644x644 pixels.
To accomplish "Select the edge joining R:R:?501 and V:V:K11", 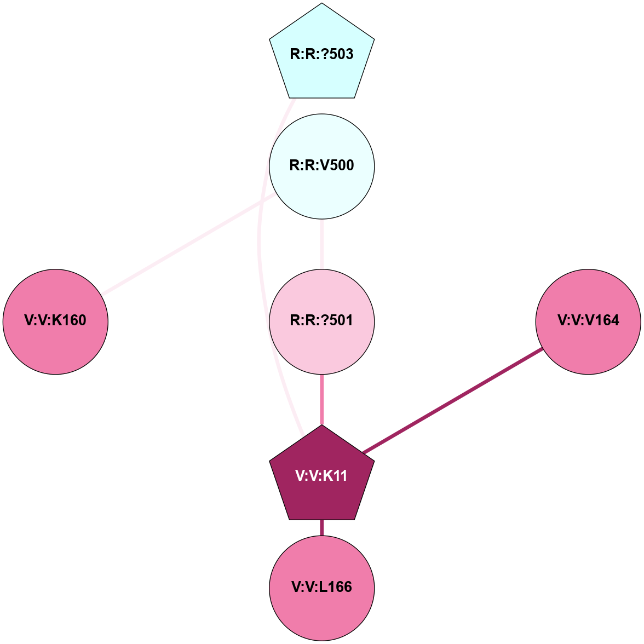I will coord(322,400).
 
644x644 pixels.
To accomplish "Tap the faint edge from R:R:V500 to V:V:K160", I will coord(189,244).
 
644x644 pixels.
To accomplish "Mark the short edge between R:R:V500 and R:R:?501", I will coord(322,244).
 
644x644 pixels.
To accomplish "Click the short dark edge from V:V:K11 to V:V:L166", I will coord(322,527).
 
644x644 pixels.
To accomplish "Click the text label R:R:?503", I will coord(322,55).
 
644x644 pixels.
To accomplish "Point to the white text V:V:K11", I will coord(322,476).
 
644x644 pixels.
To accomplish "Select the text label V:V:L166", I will coord(322,588).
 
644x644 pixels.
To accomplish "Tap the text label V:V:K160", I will coord(55,321).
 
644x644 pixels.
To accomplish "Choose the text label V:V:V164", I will coord(588,321).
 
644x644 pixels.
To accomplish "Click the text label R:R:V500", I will coord(322,166).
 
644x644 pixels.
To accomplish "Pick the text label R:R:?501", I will coord(322,321).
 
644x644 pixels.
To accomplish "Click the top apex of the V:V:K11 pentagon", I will coord(322,427).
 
